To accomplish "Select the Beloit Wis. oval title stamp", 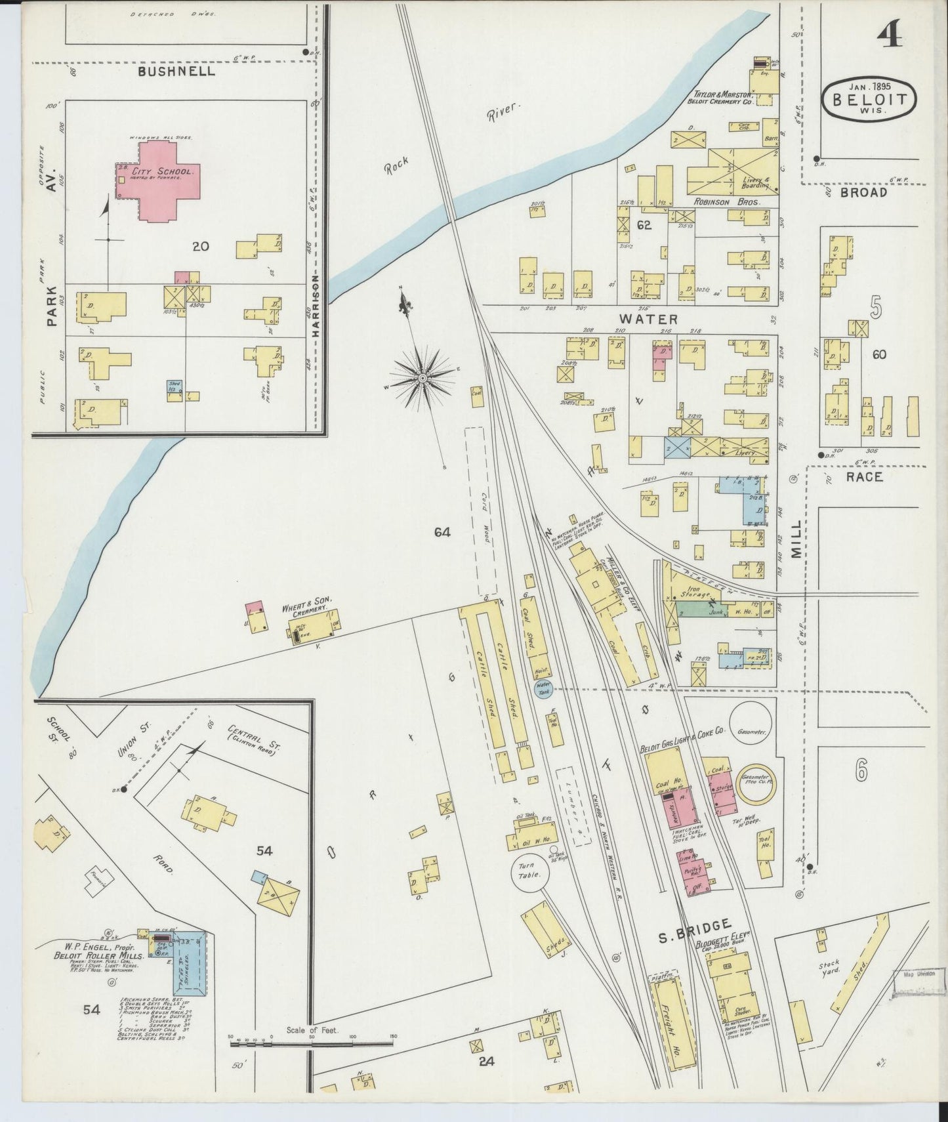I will (870, 98).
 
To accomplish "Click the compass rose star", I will (422, 377).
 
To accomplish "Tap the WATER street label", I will (648, 319).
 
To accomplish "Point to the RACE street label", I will (864, 477).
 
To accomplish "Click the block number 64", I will (442, 532).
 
